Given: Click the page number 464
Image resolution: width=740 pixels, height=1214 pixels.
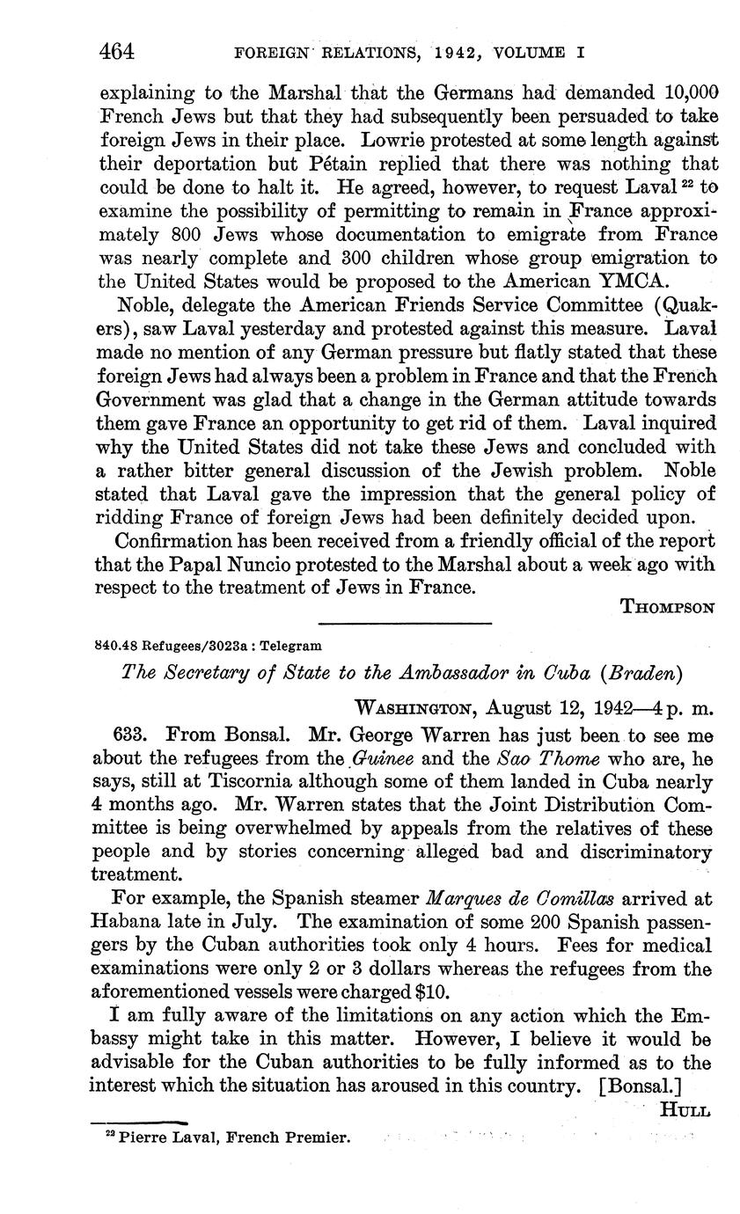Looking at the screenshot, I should click(116, 52).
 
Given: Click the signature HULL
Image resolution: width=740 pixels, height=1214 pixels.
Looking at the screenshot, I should click(685, 1110).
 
